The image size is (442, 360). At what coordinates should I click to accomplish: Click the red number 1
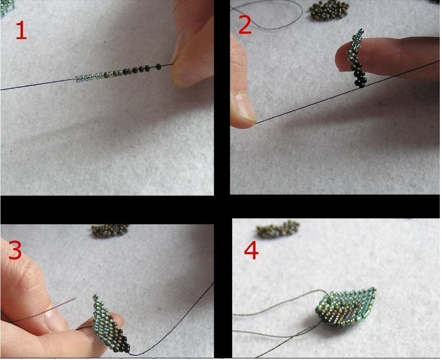[21, 31]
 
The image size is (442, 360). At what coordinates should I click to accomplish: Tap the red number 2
[245, 25]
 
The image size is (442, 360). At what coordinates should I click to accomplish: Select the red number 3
[15, 250]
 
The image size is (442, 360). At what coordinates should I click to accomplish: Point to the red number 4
[251, 251]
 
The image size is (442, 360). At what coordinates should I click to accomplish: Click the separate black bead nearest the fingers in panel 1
[159, 66]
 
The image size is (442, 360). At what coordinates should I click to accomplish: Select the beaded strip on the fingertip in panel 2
[357, 58]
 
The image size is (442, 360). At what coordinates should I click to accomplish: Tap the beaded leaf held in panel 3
[110, 324]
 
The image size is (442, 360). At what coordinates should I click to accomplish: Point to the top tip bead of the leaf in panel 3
[95, 297]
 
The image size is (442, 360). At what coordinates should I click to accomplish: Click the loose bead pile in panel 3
[110, 230]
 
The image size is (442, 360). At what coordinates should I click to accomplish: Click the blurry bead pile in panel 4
[278, 229]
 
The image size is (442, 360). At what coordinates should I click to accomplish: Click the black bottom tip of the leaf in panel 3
[127, 350]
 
